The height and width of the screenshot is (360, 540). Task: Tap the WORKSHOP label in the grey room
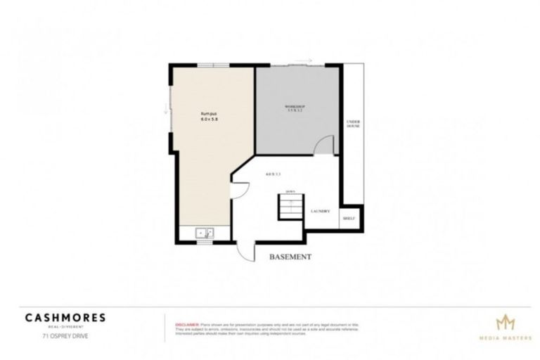click(296, 106)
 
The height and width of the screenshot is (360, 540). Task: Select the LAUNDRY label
click(320, 211)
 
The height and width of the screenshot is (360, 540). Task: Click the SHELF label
click(349, 218)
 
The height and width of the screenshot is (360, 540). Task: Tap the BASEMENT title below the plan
click(290, 257)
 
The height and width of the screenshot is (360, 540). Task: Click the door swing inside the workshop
click(323, 145)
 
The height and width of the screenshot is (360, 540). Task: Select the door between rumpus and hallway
click(239, 190)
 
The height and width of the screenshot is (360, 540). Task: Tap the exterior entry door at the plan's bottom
click(246, 250)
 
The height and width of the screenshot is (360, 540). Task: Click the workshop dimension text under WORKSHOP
click(296, 111)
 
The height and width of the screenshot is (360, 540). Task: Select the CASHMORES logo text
click(65, 317)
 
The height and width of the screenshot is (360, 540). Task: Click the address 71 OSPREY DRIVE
click(65, 335)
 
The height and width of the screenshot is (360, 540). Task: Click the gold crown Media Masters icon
click(505, 322)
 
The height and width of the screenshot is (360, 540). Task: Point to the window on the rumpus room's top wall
click(213, 65)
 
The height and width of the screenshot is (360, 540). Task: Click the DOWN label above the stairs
click(289, 191)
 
